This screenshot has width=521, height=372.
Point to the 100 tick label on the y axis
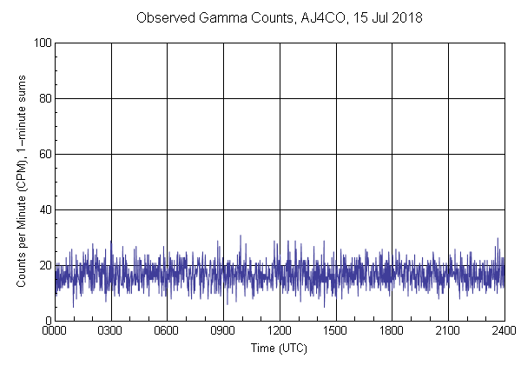tap(41, 43)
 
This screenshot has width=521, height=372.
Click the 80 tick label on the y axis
tap(43, 98)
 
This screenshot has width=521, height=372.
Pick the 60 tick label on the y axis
tap(43, 154)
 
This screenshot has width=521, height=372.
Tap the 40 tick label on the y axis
tap(43, 209)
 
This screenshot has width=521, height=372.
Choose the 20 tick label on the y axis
tap(43, 265)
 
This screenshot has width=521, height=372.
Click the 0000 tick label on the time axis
tap(55, 332)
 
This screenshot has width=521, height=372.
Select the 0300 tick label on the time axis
tap(111, 332)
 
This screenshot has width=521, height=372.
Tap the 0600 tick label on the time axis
tap(167, 332)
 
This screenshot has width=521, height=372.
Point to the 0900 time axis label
tap(223, 332)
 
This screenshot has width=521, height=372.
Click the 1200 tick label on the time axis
tap(280, 332)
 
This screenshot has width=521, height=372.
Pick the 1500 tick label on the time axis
tap(335, 332)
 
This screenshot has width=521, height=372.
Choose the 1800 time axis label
tap(392, 332)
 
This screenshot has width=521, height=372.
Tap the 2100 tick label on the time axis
tap(448, 332)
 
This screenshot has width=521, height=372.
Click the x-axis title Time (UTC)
tap(279, 348)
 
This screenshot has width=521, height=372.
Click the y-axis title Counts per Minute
tap(20, 209)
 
